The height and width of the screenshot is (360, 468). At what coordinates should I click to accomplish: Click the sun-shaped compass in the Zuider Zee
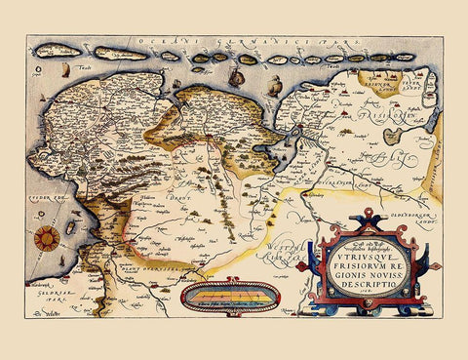(x=44, y=237)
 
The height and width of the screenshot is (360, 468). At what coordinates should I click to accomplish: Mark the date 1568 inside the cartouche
(x=359, y=299)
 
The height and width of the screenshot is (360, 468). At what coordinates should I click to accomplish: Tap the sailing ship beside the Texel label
(x=58, y=71)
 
